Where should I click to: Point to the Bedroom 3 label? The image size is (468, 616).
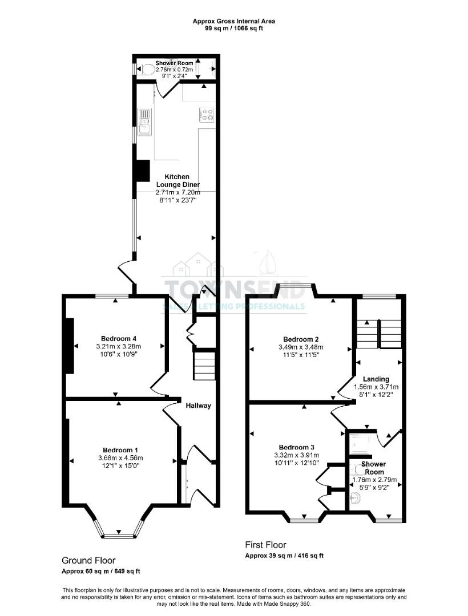pyautogui.click(x=296, y=447)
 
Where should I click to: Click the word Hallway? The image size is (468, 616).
pyautogui.click(x=198, y=406)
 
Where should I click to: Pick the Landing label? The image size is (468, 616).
pyautogui.click(x=376, y=379)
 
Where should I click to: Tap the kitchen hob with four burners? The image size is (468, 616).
pyautogui.click(x=206, y=115)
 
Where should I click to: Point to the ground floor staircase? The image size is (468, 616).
pyautogui.click(x=204, y=365)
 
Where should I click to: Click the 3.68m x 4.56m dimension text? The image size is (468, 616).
pyautogui.click(x=120, y=457)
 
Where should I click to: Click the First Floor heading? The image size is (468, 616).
pyautogui.click(x=265, y=545)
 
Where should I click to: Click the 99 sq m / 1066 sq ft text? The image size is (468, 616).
pyautogui.click(x=234, y=27)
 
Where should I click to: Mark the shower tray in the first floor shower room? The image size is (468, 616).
pyautogui.click(x=362, y=444)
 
